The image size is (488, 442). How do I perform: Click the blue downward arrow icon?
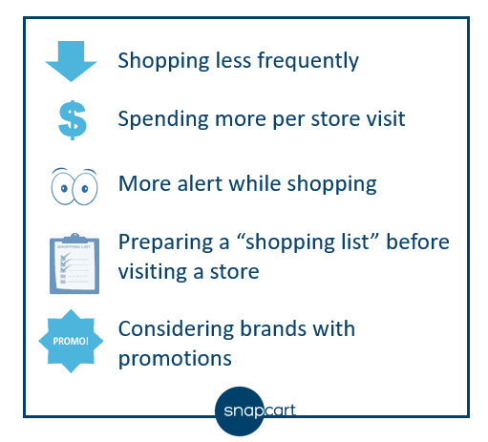(x=71, y=61)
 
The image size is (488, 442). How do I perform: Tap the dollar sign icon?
(x=73, y=120)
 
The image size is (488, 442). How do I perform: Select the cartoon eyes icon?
(x=74, y=187)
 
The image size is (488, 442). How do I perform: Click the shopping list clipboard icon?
(x=74, y=263)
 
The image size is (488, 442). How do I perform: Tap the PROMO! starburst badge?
(x=71, y=341)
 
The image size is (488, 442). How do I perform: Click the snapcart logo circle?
(x=240, y=411)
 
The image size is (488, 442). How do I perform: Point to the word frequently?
(x=308, y=60)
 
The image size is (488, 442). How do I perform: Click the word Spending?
(x=163, y=120)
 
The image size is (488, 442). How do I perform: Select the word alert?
(x=200, y=183)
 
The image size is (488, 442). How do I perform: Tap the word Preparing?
(x=166, y=242)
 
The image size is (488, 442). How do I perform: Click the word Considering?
(x=176, y=329)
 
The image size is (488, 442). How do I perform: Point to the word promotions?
(x=175, y=359)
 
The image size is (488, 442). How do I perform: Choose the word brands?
(x=273, y=328)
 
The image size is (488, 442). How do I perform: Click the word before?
(x=417, y=242)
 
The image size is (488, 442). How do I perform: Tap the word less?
(x=233, y=60)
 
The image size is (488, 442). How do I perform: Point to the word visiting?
(x=153, y=273)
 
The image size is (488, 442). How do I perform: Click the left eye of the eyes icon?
(x=63, y=188)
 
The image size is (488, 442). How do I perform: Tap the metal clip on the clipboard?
(x=74, y=238)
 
